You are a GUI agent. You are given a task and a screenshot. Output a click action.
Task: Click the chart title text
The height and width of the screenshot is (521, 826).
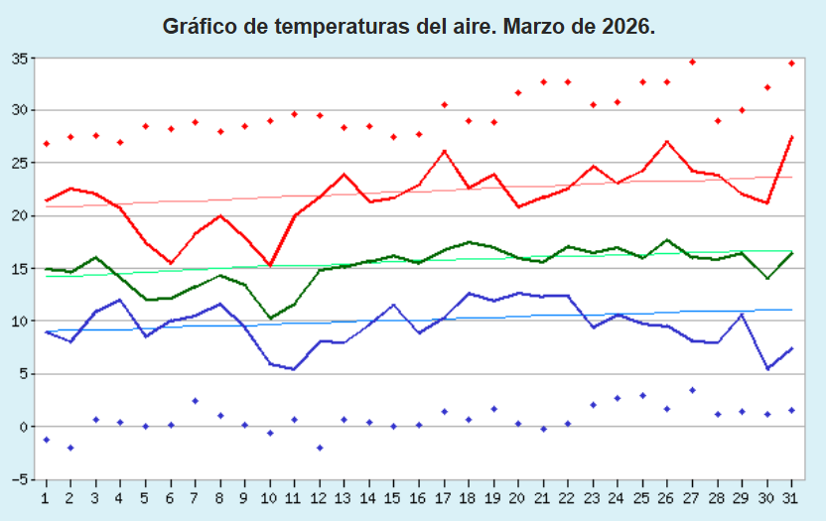[409, 27]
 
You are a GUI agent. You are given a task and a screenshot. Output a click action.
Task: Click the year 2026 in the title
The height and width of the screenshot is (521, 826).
[627, 27]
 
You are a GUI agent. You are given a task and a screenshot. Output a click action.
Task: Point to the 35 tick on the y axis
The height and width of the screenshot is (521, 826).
[20, 58]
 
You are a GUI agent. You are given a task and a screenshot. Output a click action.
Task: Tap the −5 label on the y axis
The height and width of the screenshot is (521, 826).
[18, 480]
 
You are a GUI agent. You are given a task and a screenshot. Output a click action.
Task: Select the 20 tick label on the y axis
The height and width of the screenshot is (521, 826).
[20, 216]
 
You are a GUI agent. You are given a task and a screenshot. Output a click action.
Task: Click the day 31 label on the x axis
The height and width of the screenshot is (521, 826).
[791, 495]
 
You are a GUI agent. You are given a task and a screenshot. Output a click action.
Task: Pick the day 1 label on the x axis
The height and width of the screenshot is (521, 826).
[46, 495]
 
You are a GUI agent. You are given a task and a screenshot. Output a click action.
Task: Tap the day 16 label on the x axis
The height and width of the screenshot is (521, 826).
[419, 495]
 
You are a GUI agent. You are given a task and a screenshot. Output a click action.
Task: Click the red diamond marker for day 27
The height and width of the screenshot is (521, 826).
[692, 62]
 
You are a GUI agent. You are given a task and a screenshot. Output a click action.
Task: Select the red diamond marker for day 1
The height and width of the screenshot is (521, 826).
[46, 144]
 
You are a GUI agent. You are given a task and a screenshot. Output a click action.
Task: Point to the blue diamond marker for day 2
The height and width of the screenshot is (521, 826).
[70, 448]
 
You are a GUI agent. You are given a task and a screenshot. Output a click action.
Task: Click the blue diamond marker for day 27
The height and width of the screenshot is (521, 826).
[692, 390]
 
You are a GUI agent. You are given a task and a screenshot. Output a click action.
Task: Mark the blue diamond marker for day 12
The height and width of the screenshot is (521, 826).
[319, 448]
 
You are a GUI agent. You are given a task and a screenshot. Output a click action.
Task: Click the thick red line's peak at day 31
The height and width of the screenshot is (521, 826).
[791, 136]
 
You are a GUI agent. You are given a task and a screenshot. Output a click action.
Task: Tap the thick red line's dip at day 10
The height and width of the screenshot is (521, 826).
[269, 265]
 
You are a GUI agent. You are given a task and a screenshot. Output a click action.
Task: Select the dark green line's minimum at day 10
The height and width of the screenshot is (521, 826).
[269, 319]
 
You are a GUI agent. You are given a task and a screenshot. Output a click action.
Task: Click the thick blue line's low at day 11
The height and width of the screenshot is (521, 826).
[294, 369]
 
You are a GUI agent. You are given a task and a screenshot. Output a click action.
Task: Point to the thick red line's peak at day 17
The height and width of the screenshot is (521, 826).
[444, 151]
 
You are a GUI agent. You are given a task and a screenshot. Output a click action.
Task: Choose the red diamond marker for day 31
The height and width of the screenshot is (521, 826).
[791, 64]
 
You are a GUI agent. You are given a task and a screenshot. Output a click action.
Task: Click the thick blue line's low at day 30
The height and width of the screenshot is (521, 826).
[766, 369]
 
